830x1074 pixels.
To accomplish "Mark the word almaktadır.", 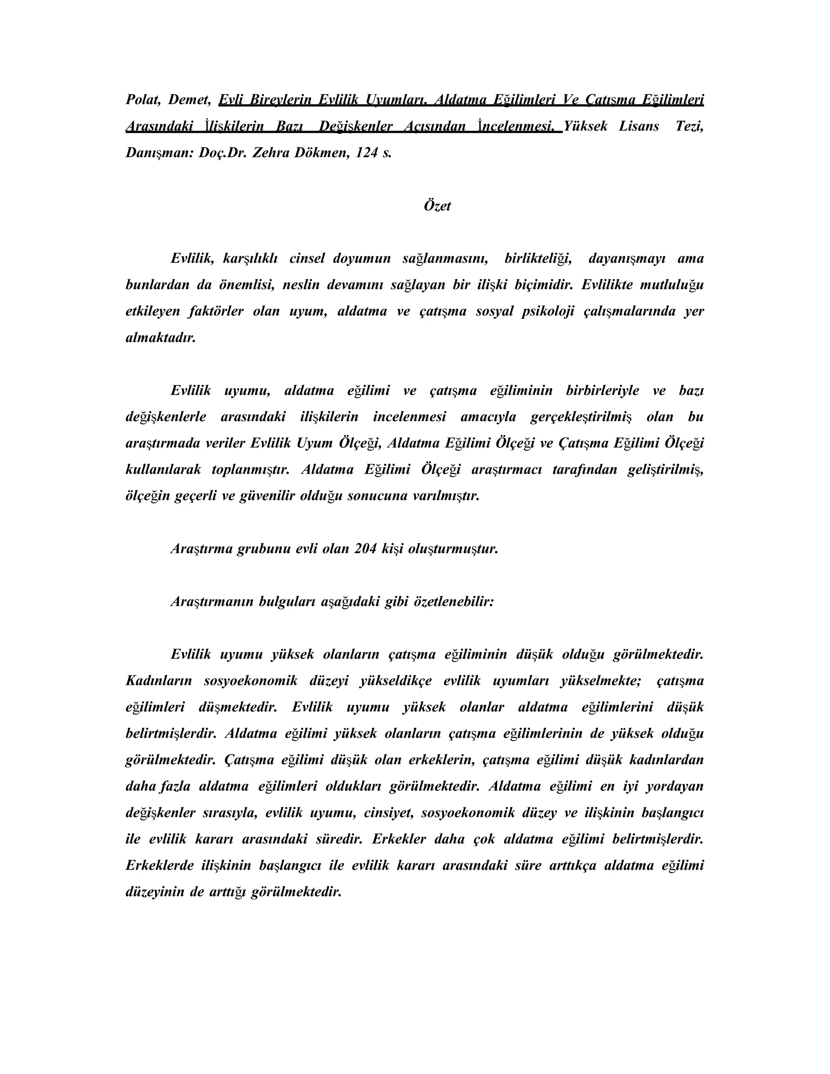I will coord(161,338).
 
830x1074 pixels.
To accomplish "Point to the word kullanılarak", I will coord(163,470).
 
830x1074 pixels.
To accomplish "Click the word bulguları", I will coord(287,602).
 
